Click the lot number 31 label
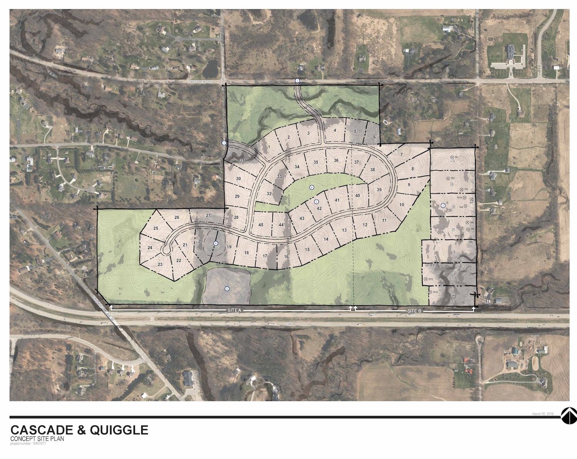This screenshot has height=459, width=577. [x=242, y=160]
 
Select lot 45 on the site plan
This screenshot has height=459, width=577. [x=261, y=225]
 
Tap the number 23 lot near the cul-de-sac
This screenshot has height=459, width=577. [x=160, y=264]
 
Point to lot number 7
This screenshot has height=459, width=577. [x=401, y=155]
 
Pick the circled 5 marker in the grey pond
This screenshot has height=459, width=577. [x=227, y=289]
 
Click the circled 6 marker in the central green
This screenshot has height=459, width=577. [x=312, y=188]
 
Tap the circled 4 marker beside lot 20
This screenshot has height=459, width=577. [x=216, y=243]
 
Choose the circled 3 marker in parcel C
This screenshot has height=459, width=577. [x=443, y=206]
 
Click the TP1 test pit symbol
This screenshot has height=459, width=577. [x=452, y=158]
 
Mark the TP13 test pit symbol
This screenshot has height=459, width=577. [x=430, y=292]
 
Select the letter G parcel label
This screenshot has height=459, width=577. [x=453, y=296]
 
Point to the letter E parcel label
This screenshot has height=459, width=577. [x=454, y=252]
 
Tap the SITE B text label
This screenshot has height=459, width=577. [x=414, y=310]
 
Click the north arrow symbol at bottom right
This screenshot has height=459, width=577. [x=569, y=416]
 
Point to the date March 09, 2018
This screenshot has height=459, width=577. [x=542, y=414]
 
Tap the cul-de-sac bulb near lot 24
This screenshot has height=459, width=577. [x=166, y=250]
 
